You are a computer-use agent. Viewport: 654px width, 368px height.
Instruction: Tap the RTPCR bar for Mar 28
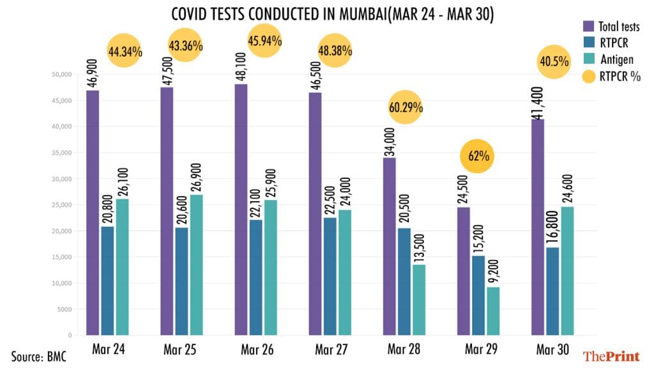tap(404, 281)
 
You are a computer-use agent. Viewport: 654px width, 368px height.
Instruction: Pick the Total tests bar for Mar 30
tap(537, 227)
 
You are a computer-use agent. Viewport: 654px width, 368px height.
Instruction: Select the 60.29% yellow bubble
tap(406, 107)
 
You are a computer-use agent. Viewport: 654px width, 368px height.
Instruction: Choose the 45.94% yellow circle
tap(264, 41)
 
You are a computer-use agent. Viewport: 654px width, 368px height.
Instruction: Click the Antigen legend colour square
tap(588, 59)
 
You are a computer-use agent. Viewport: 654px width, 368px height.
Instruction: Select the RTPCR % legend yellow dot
tap(588, 76)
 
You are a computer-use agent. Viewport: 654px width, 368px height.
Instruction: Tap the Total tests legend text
tap(619, 26)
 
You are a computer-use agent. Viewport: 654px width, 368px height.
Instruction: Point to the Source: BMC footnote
tap(38, 355)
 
